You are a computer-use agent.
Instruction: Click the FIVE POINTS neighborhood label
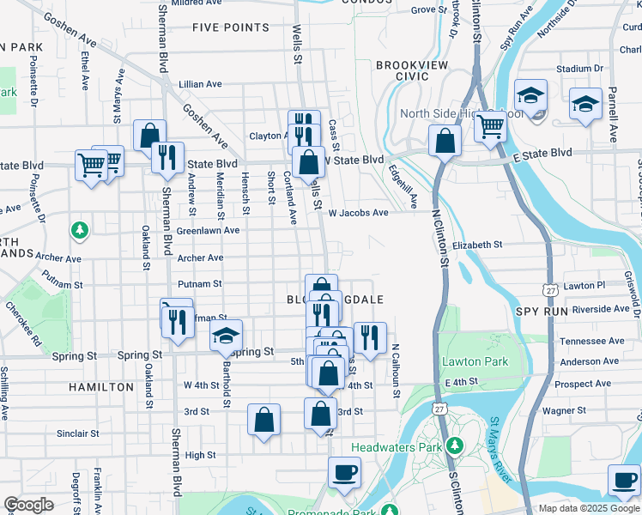tap(231, 27)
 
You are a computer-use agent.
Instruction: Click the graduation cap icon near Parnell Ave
tap(585, 105)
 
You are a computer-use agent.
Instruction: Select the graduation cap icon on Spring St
tap(227, 336)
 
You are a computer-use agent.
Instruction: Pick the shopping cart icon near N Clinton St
tap(490, 126)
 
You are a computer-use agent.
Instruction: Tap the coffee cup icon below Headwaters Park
tap(344, 471)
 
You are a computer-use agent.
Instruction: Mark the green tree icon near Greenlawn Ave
tap(80, 230)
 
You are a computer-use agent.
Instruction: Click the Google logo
tap(29, 505)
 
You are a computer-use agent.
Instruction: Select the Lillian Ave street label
tap(200, 84)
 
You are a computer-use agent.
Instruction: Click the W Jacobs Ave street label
tap(358, 212)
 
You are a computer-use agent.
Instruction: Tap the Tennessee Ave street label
tap(591, 341)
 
